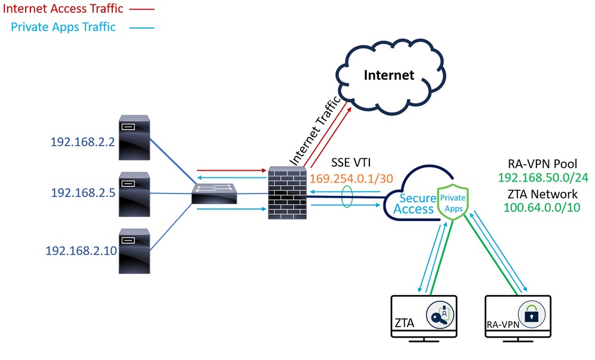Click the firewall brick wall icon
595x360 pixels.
[x=286, y=191]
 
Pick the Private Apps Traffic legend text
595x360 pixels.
[x=64, y=27]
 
